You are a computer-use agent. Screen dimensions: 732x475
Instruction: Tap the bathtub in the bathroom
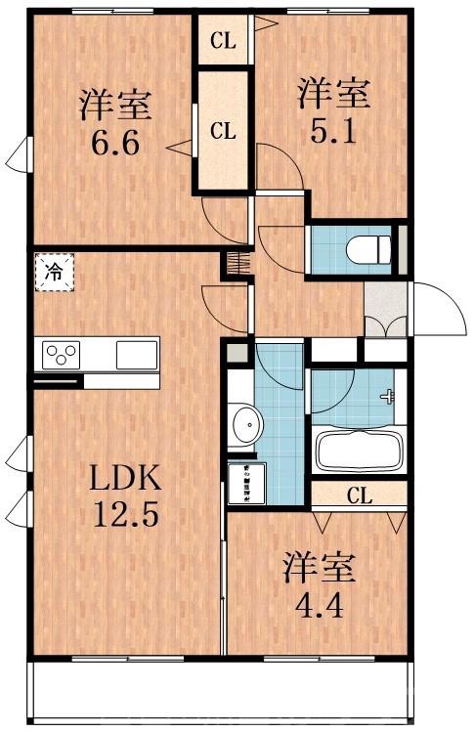359,452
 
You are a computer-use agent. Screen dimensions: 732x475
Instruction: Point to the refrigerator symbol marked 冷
55,273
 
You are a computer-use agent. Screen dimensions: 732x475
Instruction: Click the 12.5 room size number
124,514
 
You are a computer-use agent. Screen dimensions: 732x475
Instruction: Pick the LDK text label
124,478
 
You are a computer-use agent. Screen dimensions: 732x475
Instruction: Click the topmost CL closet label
224,41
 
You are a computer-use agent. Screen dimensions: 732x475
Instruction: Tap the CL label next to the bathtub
359,495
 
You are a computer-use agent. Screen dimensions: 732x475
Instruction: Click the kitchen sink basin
136,354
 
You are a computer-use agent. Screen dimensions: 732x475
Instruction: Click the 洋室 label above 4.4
320,566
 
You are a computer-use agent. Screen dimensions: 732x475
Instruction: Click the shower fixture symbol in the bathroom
390,396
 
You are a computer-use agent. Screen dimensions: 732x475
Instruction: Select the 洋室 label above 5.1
333,95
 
